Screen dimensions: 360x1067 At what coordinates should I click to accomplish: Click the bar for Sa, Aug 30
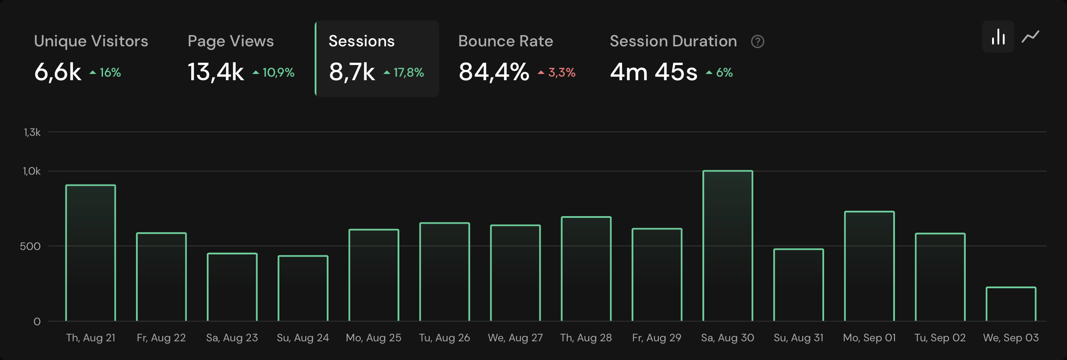click(x=727, y=246)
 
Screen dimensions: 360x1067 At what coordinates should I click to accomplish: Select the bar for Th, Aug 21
click(x=90, y=253)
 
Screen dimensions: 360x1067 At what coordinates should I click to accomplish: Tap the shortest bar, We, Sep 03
click(x=1010, y=304)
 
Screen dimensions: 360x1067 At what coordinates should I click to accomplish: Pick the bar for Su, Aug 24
click(x=303, y=288)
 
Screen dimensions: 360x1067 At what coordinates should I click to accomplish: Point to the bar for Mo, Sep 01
click(x=869, y=266)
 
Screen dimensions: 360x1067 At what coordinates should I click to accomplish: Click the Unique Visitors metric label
click(x=91, y=41)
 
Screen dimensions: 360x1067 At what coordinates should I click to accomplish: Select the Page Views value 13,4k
click(x=216, y=72)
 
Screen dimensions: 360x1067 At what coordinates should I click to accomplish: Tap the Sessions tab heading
click(x=361, y=41)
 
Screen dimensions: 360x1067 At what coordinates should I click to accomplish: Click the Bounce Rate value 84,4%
click(x=494, y=72)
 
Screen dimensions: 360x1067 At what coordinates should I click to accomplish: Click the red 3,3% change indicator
click(x=558, y=73)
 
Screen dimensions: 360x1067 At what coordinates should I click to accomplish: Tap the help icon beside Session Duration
click(x=757, y=41)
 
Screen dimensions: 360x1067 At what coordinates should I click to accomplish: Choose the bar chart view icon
click(x=998, y=37)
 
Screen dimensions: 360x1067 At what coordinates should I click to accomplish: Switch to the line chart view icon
click(x=1030, y=37)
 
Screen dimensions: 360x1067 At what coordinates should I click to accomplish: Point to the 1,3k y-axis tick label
click(x=32, y=132)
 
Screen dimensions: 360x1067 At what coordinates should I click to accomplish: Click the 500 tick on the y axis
click(x=30, y=246)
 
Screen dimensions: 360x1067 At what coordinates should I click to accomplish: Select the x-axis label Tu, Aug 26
click(x=444, y=338)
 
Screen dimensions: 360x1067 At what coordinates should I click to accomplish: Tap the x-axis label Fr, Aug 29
click(x=657, y=338)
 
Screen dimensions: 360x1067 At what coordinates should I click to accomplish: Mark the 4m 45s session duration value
click(x=653, y=72)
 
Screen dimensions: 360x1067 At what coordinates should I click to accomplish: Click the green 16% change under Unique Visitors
click(x=106, y=73)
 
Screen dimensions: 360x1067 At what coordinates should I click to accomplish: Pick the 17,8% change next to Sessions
click(x=404, y=73)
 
